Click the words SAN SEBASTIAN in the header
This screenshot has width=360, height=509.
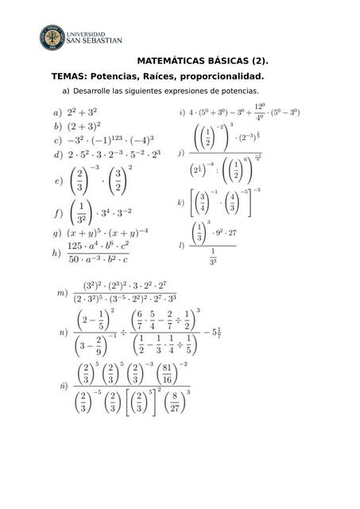tap(97, 41)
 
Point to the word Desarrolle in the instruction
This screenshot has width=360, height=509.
tap(92, 92)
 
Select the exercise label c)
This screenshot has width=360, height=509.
tap(57, 139)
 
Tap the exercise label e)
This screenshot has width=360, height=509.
tap(57, 181)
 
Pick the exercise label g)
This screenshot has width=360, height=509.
tap(57, 234)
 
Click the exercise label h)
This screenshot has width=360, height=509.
tap(57, 254)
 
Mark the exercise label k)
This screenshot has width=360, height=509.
tap(182, 203)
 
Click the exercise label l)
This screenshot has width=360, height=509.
tap(183, 243)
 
